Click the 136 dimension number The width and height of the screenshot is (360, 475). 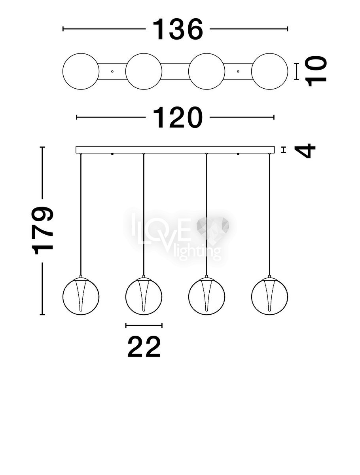[x=178, y=29]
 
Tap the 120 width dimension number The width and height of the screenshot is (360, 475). [x=178, y=118]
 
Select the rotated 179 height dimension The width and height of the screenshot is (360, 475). [x=42, y=231]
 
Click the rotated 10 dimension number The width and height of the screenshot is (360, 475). [x=315, y=71]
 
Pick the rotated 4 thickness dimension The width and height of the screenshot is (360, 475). [x=305, y=151]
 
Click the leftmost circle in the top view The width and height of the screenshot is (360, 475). [x=81, y=71]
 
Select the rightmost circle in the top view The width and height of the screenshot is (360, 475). [x=270, y=71]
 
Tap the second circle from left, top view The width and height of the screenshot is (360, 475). [x=144, y=71]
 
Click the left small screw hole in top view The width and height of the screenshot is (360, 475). [x=112, y=71]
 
